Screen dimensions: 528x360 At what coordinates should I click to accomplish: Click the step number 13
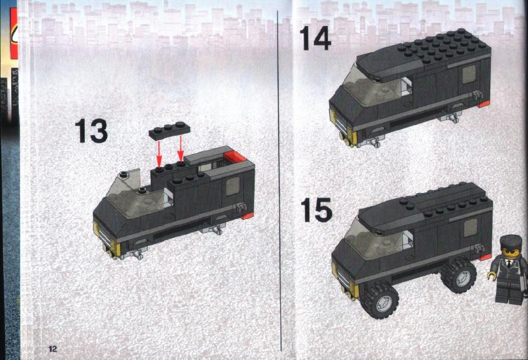[x=91, y=130]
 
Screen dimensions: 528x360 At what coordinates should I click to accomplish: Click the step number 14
[x=315, y=38]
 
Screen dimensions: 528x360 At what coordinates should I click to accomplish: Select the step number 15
[x=316, y=210]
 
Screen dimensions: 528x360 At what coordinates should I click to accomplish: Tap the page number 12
[x=53, y=348]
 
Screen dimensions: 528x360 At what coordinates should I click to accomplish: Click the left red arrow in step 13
[x=159, y=152]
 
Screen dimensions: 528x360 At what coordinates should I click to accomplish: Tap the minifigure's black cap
[x=509, y=241]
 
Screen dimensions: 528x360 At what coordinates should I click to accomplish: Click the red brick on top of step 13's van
[x=235, y=157]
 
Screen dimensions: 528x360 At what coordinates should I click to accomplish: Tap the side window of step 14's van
[x=469, y=74]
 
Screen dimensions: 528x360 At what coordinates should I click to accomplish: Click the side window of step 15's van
[x=471, y=227]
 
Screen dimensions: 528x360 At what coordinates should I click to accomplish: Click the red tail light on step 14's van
[x=484, y=104]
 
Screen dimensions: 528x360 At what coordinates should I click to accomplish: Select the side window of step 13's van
[x=232, y=186]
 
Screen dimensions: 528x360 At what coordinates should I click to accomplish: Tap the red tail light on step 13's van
[x=247, y=216]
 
